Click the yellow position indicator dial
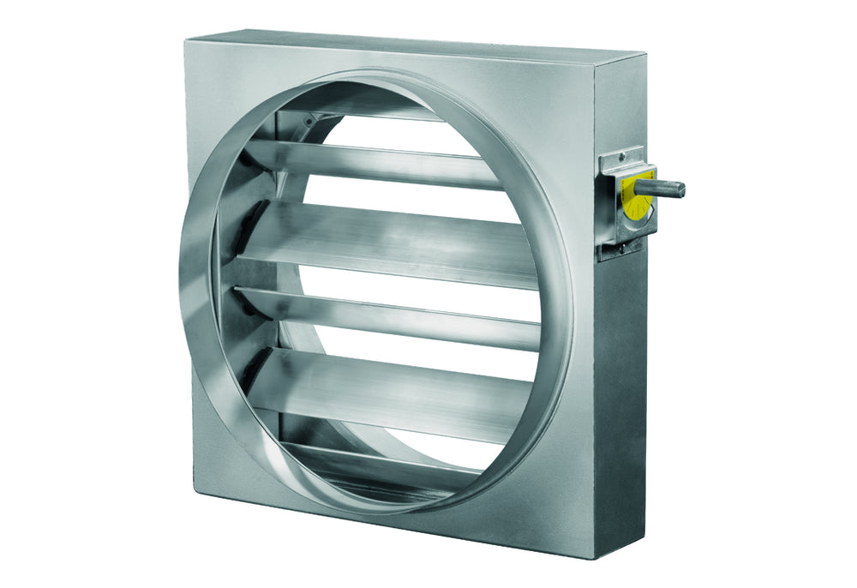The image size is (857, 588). (638, 192)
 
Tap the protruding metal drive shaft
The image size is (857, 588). (668, 187)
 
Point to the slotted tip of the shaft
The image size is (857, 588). (682, 189)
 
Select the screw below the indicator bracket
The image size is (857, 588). (633, 245)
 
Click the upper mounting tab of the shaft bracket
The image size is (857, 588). (623, 159)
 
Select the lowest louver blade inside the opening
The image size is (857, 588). (377, 454)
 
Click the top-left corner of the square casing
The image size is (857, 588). (186, 39)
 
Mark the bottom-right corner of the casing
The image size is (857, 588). (591, 555)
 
